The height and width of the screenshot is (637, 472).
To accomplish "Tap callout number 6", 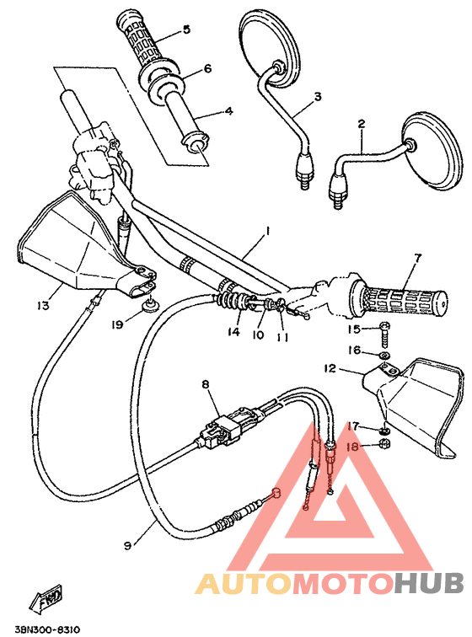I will coord(206,68).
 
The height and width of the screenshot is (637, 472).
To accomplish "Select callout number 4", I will coord(228,110).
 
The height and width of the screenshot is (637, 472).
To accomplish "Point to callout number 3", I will coord(318,97).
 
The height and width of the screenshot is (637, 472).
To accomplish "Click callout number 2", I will coord(361,124).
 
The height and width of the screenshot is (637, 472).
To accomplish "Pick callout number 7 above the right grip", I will coord(416,258).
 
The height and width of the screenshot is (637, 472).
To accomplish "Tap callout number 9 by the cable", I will coord(127,545).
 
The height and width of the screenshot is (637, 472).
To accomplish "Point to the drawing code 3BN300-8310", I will coord(47,629).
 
